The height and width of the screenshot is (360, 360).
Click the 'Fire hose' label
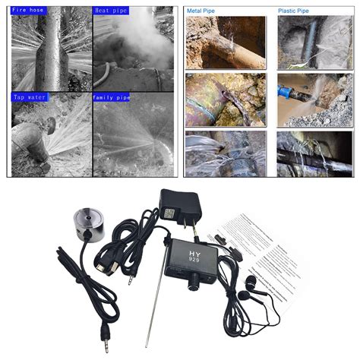pyautogui.click(x=28, y=10)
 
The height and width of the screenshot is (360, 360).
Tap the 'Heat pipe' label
pyautogui.click(x=112, y=10)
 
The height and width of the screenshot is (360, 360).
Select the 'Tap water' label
pyautogui.click(x=29, y=98)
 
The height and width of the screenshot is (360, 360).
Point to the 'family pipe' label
pyautogui.click(x=112, y=98)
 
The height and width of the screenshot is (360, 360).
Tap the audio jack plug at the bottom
pyautogui.click(x=104, y=332)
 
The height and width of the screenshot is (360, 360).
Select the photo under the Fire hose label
pyautogui.click(x=50, y=49)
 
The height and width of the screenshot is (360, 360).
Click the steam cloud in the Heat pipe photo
pyautogui.click(x=137, y=42)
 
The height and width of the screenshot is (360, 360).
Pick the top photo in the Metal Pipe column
pyautogui.click(x=226, y=42)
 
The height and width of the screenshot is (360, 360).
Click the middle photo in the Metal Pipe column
pyautogui.click(x=226, y=99)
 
